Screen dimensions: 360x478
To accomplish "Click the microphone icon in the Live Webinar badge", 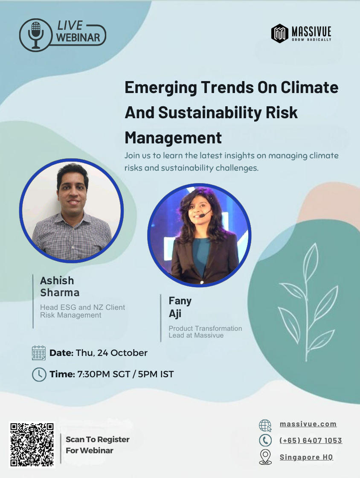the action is (36, 35).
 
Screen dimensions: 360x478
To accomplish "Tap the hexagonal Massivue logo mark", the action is (279, 33).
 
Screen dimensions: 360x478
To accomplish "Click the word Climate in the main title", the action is (309, 87).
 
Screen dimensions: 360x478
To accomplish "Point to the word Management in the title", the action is (173, 138).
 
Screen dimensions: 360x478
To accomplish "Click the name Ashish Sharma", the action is (60, 286).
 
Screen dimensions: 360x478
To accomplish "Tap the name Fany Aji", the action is (180, 307).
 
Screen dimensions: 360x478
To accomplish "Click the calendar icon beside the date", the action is (39, 353).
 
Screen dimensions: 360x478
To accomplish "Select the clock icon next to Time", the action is (39, 374).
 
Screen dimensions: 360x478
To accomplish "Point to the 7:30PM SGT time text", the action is (104, 374).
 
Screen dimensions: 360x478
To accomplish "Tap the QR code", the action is (32, 444).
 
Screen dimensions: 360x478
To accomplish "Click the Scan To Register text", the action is (97, 439).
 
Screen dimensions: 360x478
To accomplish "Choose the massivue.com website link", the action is (308, 424).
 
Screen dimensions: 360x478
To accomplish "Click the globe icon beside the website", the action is (265, 426).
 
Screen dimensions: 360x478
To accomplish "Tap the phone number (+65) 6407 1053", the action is (311, 440).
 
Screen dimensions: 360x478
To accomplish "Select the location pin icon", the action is (265, 457).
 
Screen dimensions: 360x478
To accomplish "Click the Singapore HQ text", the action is (306, 457).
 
